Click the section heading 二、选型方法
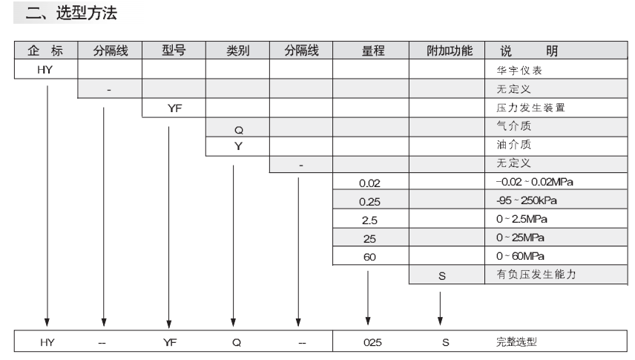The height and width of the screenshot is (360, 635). (x=71, y=13)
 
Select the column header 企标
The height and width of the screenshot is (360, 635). (x=45, y=50)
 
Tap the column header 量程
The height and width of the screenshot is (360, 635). (x=373, y=50)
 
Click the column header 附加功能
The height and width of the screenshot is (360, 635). (x=450, y=50)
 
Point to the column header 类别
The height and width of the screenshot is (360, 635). (x=237, y=50)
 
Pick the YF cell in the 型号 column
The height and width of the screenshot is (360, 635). (x=174, y=108)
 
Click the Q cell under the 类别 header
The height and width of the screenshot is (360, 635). (x=239, y=130)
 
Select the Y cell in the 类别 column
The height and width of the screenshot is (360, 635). (x=238, y=146)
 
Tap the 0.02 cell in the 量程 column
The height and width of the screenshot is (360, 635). (x=369, y=183)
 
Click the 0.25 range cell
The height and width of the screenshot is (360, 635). (x=369, y=202)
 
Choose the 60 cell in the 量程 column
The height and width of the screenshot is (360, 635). (x=369, y=257)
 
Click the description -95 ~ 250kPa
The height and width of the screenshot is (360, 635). (x=527, y=200)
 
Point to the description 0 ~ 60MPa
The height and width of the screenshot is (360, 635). (x=520, y=256)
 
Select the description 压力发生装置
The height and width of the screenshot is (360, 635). (x=530, y=108)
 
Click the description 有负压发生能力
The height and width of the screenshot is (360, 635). (x=536, y=275)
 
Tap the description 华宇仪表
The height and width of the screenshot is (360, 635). (x=519, y=71)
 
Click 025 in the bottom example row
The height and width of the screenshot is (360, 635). (x=372, y=343)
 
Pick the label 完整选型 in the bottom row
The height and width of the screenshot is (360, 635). (x=516, y=342)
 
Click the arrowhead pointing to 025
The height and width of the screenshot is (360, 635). (x=368, y=321)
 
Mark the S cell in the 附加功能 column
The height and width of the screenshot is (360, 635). (x=442, y=276)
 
